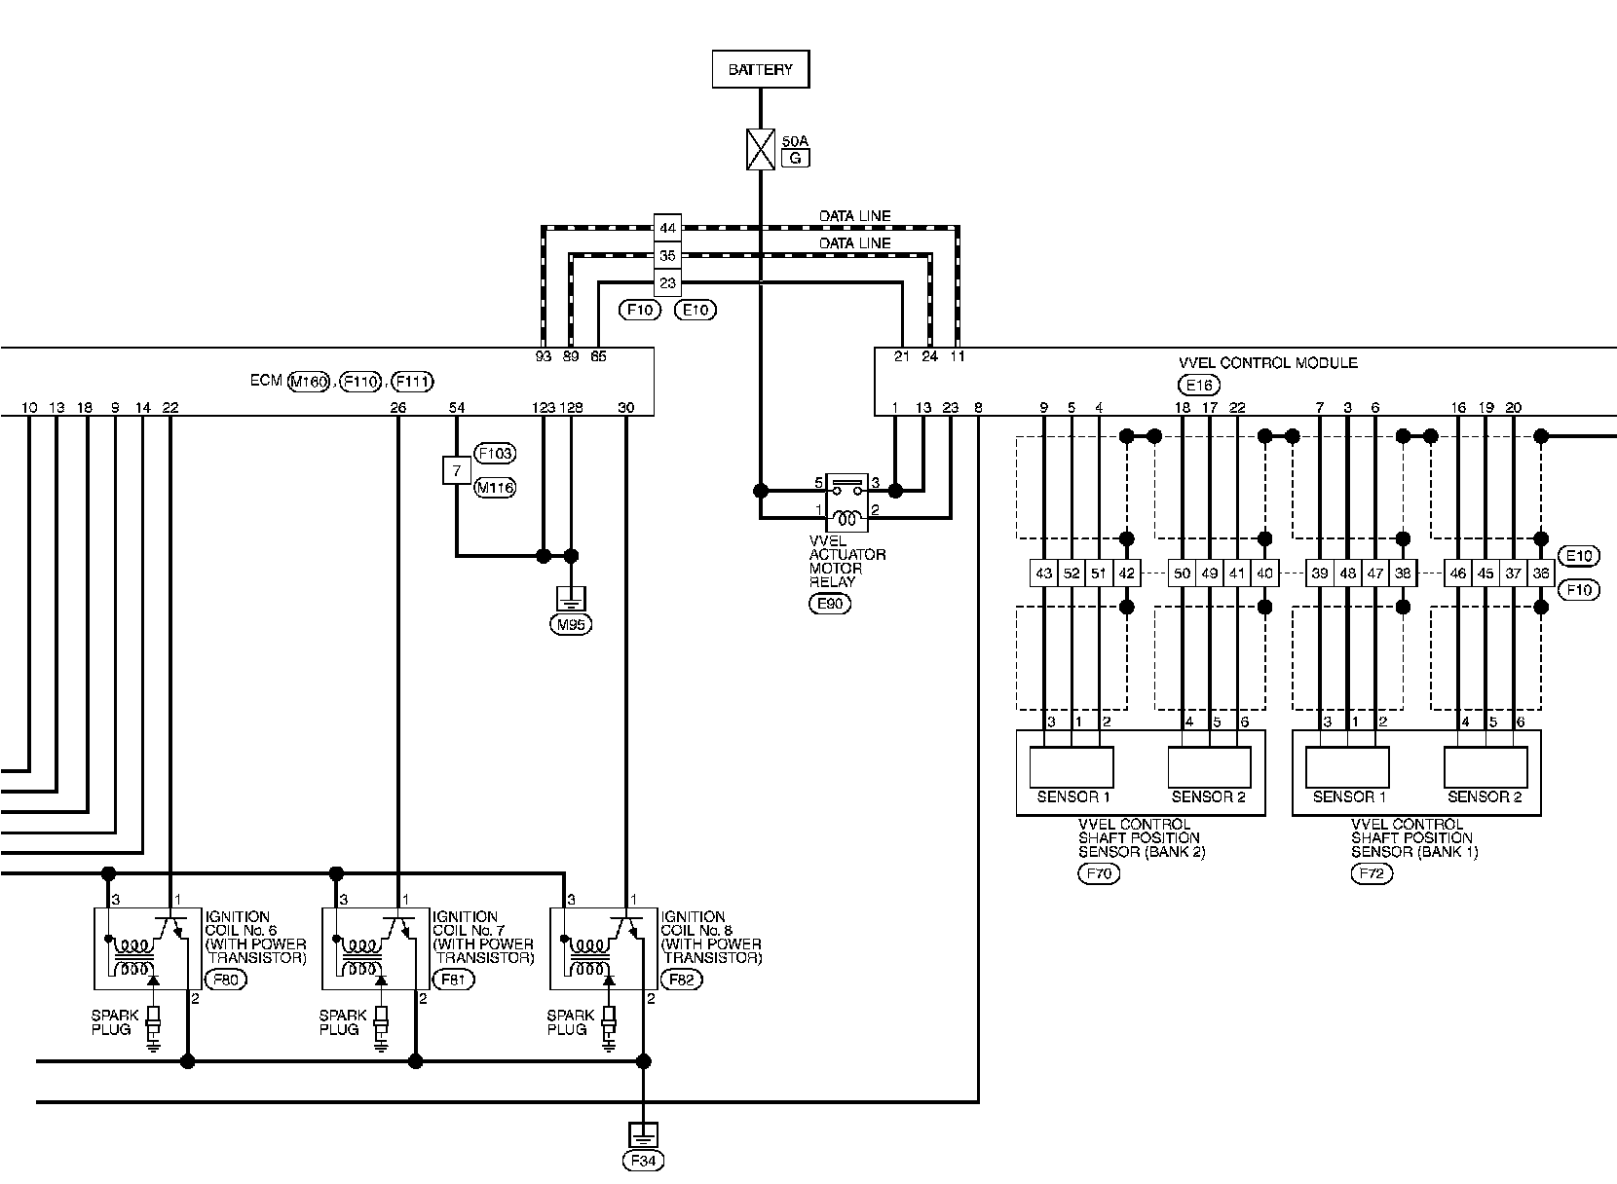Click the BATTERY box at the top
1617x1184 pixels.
tap(760, 70)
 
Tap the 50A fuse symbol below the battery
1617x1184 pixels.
tap(760, 150)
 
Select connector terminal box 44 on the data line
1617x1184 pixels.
tap(666, 229)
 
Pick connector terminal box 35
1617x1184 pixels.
tap(666, 256)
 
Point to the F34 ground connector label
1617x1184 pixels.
tap(643, 1161)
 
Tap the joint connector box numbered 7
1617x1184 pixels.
tap(456, 471)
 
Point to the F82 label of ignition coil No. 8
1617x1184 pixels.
tap(681, 980)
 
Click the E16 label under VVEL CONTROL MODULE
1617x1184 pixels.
tap(1198, 384)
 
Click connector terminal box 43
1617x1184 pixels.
tap(1044, 573)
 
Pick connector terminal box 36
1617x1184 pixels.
tap(1541, 573)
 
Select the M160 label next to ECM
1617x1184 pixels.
tap(309, 382)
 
